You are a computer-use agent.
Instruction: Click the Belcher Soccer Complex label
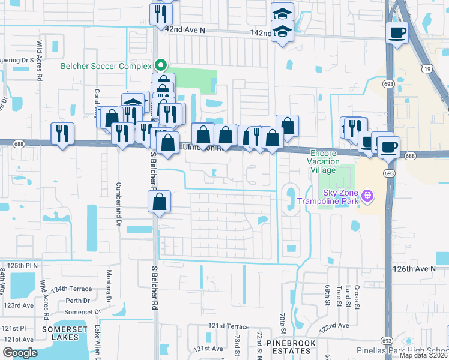(107, 65)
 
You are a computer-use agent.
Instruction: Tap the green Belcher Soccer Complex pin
(160, 65)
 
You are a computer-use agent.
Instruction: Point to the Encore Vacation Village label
(324, 161)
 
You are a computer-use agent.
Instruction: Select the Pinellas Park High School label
(414, 350)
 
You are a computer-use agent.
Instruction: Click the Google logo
(20, 353)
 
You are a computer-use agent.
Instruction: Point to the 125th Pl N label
(23, 265)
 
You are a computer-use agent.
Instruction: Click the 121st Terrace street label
(229, 326)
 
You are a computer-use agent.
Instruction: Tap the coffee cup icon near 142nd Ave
(396, 32)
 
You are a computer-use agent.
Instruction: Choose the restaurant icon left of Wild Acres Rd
(62, 134)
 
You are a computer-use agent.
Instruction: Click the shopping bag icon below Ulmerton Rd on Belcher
(160, 202)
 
